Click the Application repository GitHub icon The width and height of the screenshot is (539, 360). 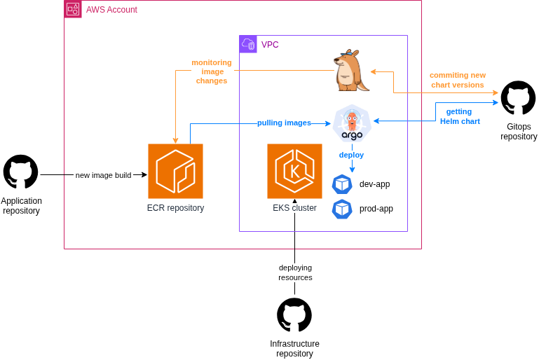pos(21,172)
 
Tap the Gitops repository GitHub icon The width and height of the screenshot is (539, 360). pos(519,98)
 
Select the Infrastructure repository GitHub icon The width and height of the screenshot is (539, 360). pos(294,315)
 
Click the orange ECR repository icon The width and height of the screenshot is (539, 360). pos(175,171)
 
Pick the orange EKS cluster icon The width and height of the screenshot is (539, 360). pos(294,171)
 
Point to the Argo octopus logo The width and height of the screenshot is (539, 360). pos(352,123)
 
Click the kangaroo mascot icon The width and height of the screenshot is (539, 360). pos(350,71)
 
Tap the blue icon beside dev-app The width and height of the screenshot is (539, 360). pos(342,184)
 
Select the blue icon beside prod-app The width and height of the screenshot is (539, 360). pos(342,209)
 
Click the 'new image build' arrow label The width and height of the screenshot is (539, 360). pos(103,175)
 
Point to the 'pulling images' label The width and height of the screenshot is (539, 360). pos(284,123)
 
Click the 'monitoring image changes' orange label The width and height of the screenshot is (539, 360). pos(212,71)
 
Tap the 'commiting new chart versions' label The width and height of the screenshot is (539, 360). pos(458,80)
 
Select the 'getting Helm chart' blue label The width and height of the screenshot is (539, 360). pos(460,116)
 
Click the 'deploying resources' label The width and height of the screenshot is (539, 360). pos(295,272)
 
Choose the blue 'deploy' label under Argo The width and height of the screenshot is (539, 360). pos(351,155)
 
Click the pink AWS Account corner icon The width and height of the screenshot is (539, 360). pos(73,9)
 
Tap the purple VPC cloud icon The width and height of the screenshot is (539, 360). pos(248,44)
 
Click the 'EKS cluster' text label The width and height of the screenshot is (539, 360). pos(294,208)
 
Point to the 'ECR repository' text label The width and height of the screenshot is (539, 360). pos(175,208)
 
